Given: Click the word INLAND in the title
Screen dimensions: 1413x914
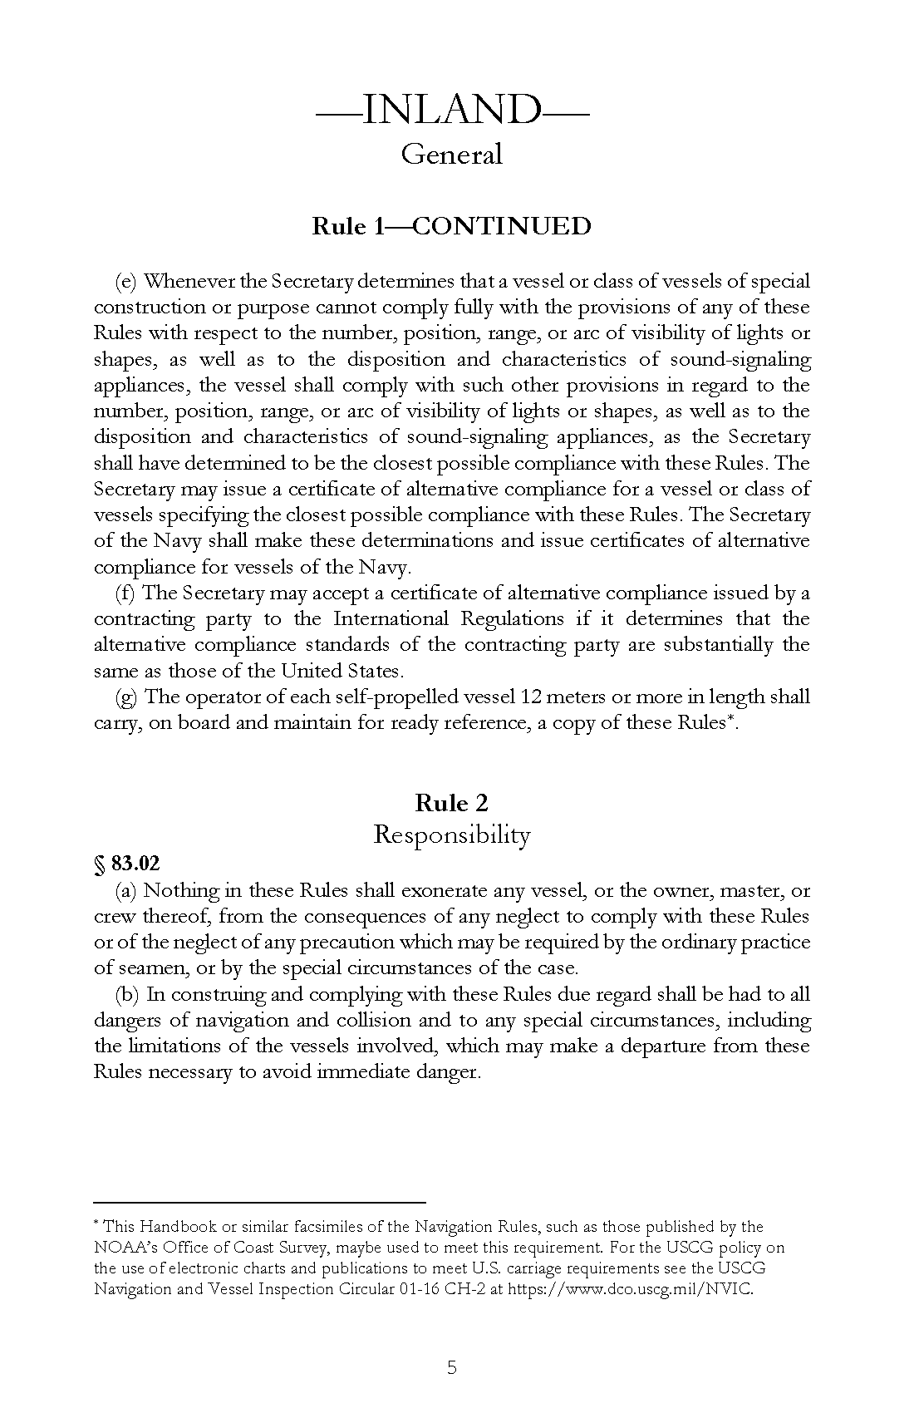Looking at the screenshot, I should (452, 110).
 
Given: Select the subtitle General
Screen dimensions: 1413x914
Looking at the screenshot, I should (452, 154).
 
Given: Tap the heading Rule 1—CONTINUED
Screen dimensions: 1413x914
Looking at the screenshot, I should (452, 226).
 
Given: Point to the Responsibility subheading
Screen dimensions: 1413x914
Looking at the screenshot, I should (452, 834).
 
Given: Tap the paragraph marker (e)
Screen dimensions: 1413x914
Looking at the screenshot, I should (126, 282).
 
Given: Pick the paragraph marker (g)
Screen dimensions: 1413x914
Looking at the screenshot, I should (126, 697).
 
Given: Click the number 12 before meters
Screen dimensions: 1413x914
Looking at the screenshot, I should (529, 697).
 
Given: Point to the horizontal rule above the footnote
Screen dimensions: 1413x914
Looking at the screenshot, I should (259, 1202).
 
